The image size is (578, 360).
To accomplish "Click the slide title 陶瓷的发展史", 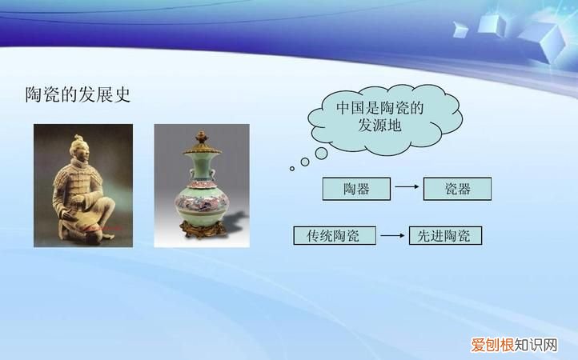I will (x=78, y=95).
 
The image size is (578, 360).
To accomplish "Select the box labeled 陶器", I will (x=356, y=189).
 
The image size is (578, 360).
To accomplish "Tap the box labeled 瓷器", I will (x=457, y=189).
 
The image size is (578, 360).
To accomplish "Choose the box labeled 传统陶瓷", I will (x=333, y=236).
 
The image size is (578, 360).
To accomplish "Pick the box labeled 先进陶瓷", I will (x=445, y=236).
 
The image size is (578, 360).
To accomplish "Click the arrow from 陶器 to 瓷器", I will (x=407, y=189).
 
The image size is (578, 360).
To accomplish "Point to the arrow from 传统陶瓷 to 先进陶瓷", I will (x=391, y=236).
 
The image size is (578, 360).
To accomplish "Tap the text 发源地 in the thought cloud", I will (x=379, y=126).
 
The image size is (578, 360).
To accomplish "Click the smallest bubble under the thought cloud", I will (x=292, y=169).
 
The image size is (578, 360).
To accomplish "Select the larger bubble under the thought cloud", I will (x=305, y=162).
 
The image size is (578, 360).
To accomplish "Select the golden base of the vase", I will (x=201, y=233).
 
